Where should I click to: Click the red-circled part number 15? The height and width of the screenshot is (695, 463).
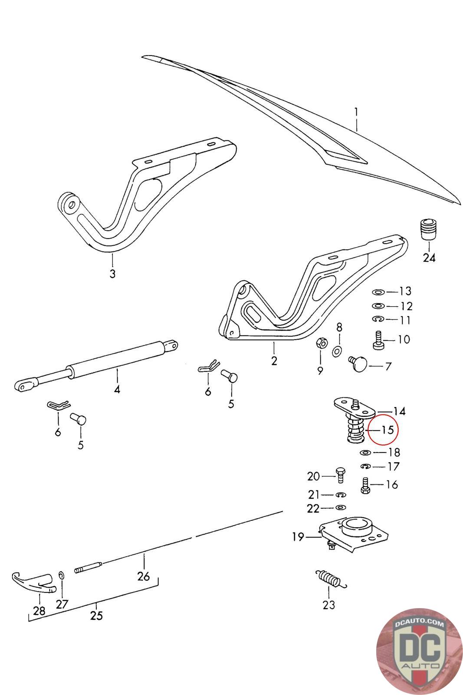[x=387, y=430]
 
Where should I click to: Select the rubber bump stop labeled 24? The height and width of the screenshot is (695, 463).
[x=428, y=229]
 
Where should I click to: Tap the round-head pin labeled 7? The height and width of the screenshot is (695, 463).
[x=359, y=364]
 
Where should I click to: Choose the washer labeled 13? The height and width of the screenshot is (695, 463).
[x=378, y=291]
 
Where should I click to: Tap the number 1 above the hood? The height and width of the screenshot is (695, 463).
[x=356, y=113]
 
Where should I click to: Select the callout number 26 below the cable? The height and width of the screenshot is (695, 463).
[x=143, y=577]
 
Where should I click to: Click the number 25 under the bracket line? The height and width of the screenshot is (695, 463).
[x=96, y=616]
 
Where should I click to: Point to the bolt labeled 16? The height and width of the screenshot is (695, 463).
[x=365, y=485]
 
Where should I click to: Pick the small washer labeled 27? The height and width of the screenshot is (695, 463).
[x=62, y=576]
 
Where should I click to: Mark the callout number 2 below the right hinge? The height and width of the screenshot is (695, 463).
[x=274, y=361]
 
